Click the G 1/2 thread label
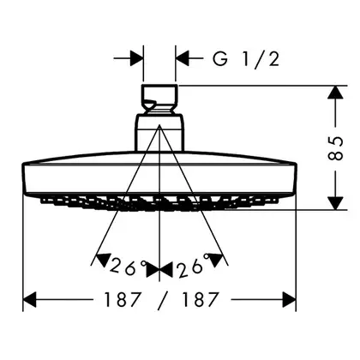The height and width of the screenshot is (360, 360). (245, 59)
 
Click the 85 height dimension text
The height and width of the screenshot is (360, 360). (335, 148)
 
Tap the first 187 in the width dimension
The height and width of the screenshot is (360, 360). (123, 300)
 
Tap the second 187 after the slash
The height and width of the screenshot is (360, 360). (201, 300)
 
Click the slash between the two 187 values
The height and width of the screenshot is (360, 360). (162, 300)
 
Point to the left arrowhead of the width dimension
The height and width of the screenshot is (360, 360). (30, 300)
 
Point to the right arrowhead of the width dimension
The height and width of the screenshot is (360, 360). (289, 300)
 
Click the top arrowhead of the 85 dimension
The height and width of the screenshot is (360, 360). (335, 93)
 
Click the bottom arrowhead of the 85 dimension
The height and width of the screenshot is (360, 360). (335, 203)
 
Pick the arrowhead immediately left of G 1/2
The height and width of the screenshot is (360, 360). (183, 59)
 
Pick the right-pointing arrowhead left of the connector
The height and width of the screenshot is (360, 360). (136, 59)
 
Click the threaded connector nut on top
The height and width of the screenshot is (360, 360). (159, 99)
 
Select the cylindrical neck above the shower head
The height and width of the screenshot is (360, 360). (159, 132)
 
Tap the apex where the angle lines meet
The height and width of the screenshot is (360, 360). (159, 125)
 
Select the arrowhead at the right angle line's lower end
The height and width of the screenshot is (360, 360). (215, 260)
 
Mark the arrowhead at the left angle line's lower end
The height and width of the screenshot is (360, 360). (102, 260)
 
